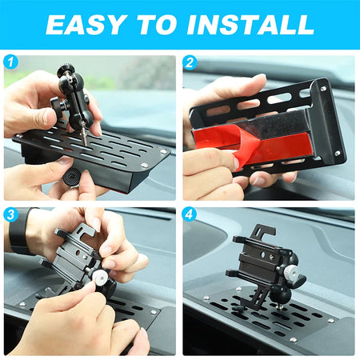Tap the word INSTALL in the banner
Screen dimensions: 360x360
(x=250, y=25)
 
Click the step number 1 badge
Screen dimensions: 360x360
(x=10, y=62)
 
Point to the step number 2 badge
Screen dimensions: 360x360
(x=190, y=63)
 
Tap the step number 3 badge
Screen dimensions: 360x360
(x=10, y=214)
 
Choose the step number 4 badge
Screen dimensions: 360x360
(x=189, y=214)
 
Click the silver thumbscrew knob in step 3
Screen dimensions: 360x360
(x=98, y=276)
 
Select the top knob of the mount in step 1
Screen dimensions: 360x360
(x=64, y=70)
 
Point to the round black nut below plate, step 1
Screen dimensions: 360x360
(x=71, y=177)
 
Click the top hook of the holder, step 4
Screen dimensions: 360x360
(x=265, y=230)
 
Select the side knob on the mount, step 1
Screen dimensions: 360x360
(x=57, y=106)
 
